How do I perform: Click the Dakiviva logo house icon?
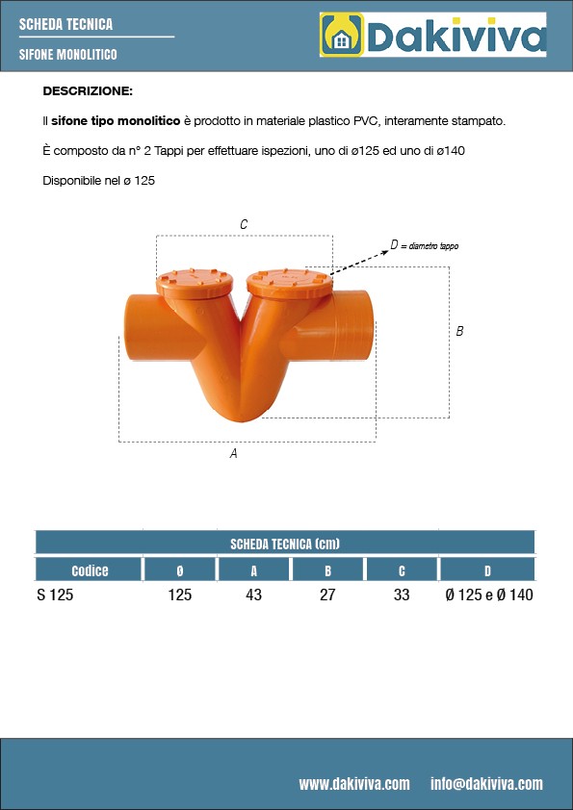coord(341,37)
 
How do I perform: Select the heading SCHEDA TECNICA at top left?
coord(65,24)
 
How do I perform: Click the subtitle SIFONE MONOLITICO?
coord(67,55)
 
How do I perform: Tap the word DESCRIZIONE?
coord(88,91)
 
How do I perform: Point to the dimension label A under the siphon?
coord(234,453)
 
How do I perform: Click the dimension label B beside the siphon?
coord(459,331)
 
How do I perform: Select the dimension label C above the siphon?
coord(244,224)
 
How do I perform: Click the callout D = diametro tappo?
coord(424,245)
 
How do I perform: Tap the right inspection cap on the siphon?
coord(288,281)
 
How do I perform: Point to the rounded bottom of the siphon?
coord(241,412)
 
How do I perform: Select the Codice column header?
coord(90,570)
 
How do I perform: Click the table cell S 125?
coord(55,595)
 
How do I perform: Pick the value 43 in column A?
coord(253,595)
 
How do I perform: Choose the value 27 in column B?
coord(327,595)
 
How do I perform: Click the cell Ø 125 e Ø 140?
coord(488,595)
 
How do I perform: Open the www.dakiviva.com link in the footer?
coord(354,784)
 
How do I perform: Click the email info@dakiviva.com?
coord(486,784)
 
